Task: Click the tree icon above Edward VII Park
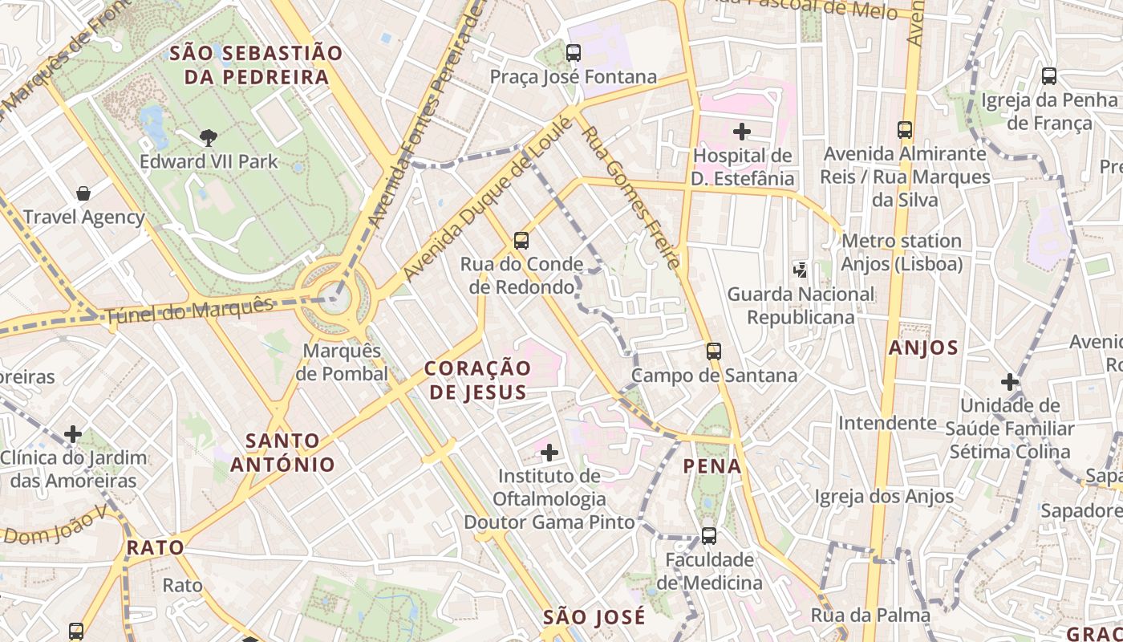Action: (x=209, y=137)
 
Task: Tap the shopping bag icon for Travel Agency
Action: (x=83, y=193)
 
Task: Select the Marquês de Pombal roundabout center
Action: (x=337, y=298)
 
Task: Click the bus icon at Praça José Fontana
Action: (x=573, y=53)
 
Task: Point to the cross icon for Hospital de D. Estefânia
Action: (x=742, y=131)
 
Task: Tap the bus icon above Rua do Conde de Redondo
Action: (x=521, y=240)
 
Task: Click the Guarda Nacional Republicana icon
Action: (x=800, y=270)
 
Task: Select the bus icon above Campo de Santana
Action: (x=714, y=351)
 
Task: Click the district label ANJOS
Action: (x=923, y=347)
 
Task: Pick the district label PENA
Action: (x=712, y=465)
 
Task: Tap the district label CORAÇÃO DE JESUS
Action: (x=477, y=380)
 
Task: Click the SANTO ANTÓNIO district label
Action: (x=283, y=452)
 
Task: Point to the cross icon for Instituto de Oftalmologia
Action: (x=549, y=453)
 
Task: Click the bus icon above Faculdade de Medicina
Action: (x=709, y=535)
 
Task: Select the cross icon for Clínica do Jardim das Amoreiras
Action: (x=73, y=434)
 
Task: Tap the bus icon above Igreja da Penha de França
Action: (x=1048, y=76)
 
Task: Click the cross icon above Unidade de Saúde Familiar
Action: (x=1010, y=381)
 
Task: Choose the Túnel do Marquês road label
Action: (x=189, y=311)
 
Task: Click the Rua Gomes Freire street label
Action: (x=631, y=197)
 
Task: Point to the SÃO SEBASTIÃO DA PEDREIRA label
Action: (x=257, y=65)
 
